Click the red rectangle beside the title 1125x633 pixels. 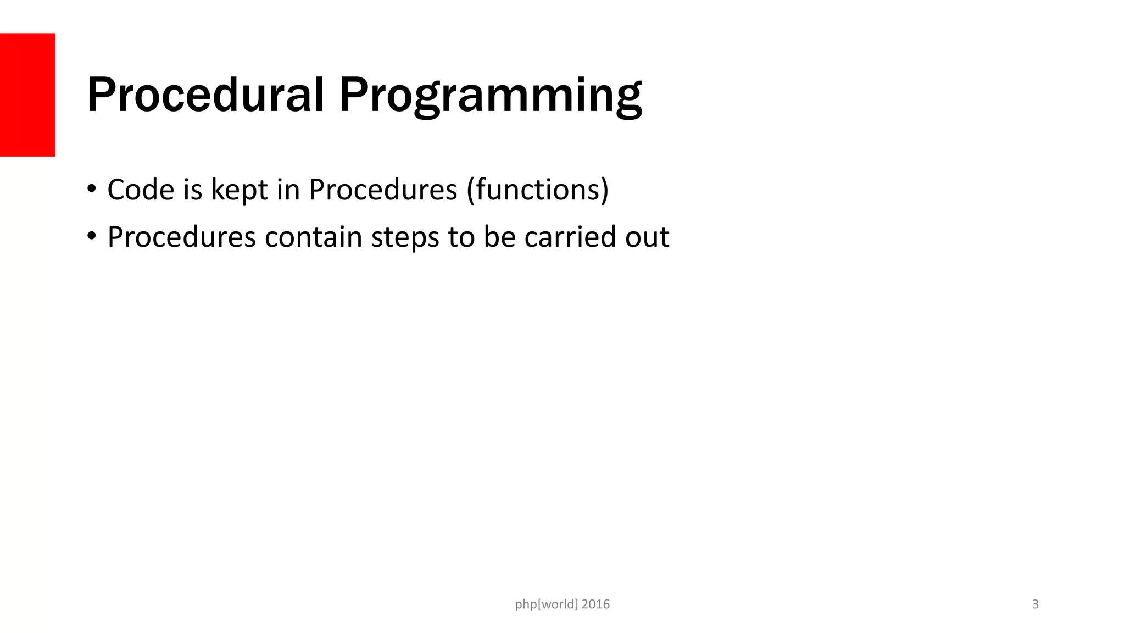(27, 95)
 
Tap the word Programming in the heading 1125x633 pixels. (490, 97)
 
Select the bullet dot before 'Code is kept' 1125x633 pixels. (91, 190)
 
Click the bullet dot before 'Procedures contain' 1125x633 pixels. (91, 237)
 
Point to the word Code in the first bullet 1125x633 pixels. (141, 190)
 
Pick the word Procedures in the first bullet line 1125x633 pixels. (383, 190)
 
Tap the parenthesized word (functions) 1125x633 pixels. (538, 190)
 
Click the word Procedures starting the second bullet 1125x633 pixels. (181, 237)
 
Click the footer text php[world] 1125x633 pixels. (547, 604)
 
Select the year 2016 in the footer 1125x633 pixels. (595, 604)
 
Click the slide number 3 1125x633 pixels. (1035, 604)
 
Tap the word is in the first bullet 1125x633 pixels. (193, 190)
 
